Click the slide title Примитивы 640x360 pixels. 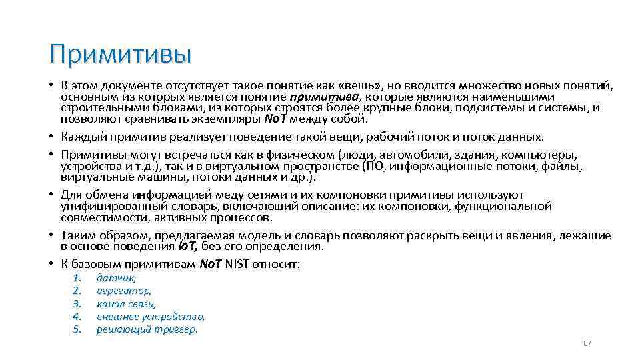pos(120,54)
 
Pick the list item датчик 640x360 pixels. pos(116,278)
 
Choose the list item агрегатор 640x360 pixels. pos(123,291)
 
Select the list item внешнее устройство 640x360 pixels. pos(150,316)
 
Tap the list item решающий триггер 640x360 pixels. pos(147,329)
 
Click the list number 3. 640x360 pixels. pos(77,303)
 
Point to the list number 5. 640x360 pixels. pos(77,329)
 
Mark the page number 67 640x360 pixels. pos(587,343)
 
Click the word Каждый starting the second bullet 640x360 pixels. pos(81,137)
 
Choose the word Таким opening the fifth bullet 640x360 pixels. pos(76,235)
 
